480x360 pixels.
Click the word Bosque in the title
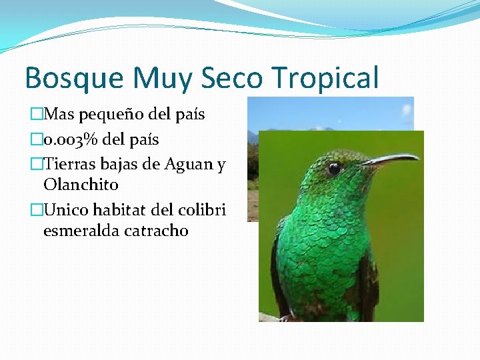pyautogui.click(x=74, y=78)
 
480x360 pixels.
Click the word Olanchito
pyautogui.click(x=80, y=184)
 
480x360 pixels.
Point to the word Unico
pyautogui.click(x=65, y=210)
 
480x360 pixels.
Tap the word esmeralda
pyautogui.click(x=83, y=231)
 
